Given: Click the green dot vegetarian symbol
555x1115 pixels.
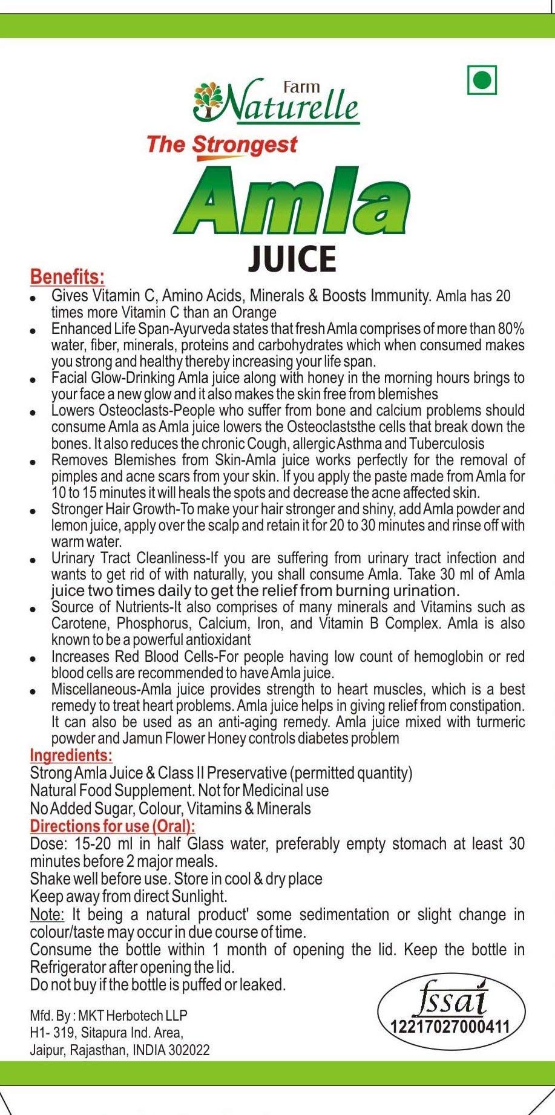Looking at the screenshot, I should pos(482,80).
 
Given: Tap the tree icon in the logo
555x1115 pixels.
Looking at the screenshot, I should pos(206,101).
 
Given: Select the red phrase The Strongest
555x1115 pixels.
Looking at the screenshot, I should pos(222,145).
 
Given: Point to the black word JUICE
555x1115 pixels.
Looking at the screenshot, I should pos(292,259).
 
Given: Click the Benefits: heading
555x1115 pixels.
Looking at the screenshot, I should pos(67,277).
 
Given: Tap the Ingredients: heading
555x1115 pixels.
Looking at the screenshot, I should pos(71,756).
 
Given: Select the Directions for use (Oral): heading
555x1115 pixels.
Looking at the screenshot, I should pos(113,826).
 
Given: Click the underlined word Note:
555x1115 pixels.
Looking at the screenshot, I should pos(47,914).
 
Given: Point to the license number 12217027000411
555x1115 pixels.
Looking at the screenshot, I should pos(451,1027).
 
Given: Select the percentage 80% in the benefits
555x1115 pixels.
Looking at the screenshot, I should pos(511,329).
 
